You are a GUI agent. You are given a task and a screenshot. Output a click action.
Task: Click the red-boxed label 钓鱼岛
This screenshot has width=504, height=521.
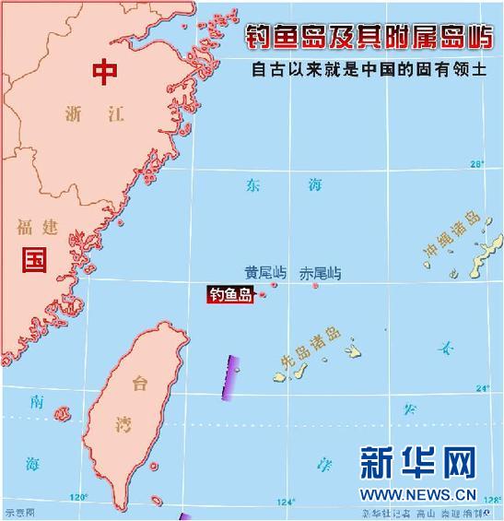click(230, 295)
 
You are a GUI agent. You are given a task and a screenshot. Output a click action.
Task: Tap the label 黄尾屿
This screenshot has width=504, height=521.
click(265, 273)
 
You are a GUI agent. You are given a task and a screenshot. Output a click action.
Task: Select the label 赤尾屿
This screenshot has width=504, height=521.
click(320, 273)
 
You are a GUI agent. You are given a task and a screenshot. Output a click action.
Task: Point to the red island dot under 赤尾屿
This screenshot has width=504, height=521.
click(315, 285)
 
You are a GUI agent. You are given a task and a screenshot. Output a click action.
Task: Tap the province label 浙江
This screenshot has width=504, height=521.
click(98, 113)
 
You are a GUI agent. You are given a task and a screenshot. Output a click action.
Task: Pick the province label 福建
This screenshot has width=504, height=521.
click(37, 227)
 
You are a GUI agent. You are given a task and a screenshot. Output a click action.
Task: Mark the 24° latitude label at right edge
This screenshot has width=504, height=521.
click(482, 388)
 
